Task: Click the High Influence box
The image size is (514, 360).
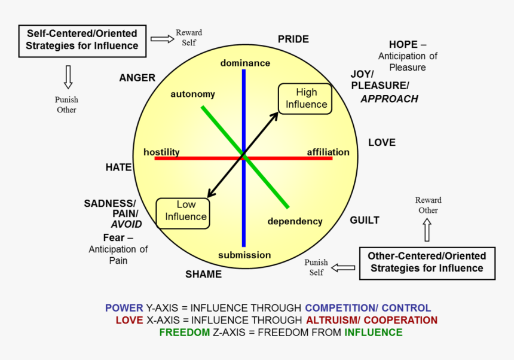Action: [x=306, y=99]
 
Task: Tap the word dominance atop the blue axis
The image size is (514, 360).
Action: [x=245, y=63]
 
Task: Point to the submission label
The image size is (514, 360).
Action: [x=244, y=255]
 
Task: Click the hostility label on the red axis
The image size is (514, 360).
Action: [x=161, y=152]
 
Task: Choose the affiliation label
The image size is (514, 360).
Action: [x=328, y=152]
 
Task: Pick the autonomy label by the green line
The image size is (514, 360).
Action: [x=192, y=94]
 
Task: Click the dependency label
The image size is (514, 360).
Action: [x=295, y=221]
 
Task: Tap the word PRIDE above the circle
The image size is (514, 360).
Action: [x=293, y=39]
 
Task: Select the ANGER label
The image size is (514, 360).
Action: [x=137, y=78]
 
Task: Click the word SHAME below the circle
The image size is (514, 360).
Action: [x=203, y=274]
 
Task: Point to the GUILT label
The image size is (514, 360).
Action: [x=365, y=220]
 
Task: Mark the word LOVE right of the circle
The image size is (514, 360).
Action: [x=382, y=142]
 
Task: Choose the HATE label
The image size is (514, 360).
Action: [x=118, y=167]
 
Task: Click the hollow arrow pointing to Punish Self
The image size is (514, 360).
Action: [x=343, y=267]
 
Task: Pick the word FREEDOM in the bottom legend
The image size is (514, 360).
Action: [x=185, y=332]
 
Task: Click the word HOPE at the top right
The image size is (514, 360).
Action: [x=403, y=45]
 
